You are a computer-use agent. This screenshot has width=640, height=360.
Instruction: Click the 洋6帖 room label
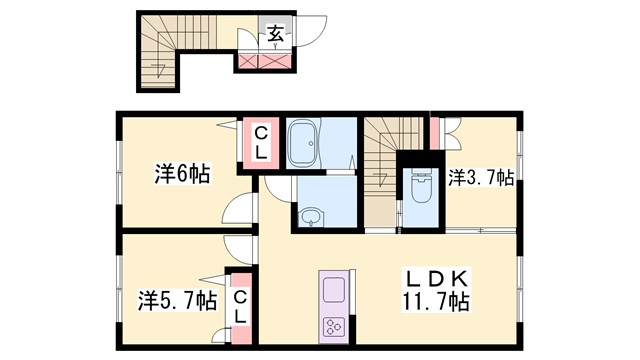tap(182, 174)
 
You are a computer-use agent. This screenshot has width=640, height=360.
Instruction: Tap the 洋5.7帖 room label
tap(176, 299)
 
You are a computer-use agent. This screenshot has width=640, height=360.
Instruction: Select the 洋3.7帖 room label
tap(481, 178)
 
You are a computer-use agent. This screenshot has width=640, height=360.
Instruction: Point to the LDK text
tap(436, 277)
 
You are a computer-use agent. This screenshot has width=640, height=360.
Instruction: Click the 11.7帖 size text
tap(437, 299)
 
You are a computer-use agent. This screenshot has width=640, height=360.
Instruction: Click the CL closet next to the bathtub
tap(259, 142)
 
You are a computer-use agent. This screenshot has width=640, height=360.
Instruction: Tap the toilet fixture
tap(418, 184)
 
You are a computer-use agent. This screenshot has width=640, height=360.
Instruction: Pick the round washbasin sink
tap(311, 216)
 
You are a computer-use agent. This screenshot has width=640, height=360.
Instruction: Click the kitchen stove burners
tap(332, 325)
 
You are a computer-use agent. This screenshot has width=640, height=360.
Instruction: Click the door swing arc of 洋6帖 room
tap(238, 209)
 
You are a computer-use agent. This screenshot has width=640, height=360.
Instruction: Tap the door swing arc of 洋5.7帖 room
tap(236, 248)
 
